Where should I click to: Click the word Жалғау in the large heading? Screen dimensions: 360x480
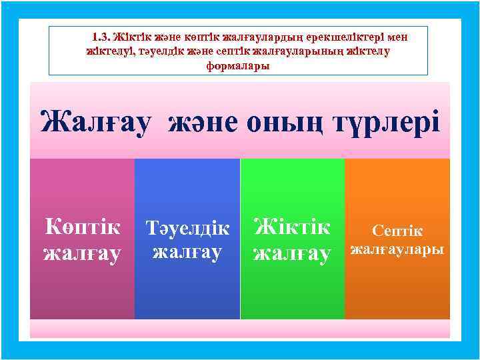(101, 123)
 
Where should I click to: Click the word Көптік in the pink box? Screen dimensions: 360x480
(82, 228)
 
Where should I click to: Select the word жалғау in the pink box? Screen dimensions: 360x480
(82, 253)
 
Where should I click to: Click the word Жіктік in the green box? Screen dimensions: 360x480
(292, 228)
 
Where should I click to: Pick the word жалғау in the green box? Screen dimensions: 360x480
(292, 253)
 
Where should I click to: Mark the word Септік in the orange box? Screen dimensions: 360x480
(397, 231)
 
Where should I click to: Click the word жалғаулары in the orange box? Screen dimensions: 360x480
(397, 250)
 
